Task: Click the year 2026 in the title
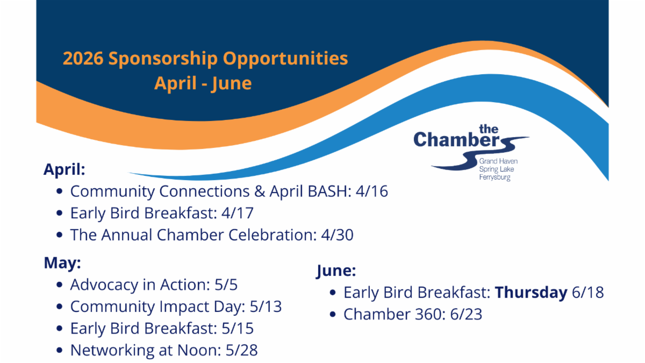(83, 58)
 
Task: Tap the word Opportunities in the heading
(285, 59)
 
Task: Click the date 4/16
(372, 191)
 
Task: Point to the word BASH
(329, 191)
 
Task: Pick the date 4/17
(238, 213)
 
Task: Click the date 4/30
(337, 235)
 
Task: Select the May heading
(62, 264)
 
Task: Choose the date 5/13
(266, 307)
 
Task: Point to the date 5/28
(241, 350)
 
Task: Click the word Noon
(199, 350)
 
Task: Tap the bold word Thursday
(531, 293)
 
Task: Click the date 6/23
(466, 314)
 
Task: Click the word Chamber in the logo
(457, 140)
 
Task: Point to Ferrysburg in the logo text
(494, 177)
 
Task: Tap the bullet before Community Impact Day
(60, 307)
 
